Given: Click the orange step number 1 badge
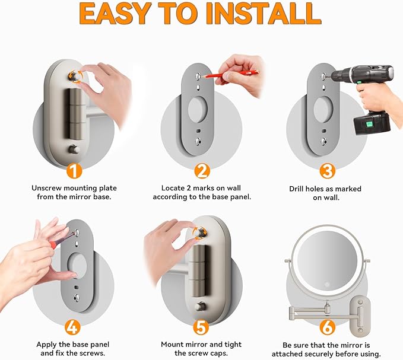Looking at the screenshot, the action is click(x=74, y=171).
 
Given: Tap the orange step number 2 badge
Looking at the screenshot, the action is click(x=202, y=171).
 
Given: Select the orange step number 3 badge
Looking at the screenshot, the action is click(x=328, y=171).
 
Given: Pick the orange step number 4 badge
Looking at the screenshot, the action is click(x=72, y=327).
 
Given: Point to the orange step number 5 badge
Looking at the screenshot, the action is click(x=201, y=327).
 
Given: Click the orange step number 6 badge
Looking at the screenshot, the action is click(x=327, y=327).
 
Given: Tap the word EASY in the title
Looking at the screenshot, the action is click(x=115, y=14).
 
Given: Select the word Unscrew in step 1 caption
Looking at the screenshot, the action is click(x=46, y=188).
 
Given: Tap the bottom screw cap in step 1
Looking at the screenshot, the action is click(x=74, y=149).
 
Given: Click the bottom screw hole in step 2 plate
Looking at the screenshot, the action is click(x=198, y=142).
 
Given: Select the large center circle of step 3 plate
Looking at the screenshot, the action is click(x=323, y=110).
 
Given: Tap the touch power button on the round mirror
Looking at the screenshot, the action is click(x=326, y=285).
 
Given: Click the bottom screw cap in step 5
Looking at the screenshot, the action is click(x=200, y=307).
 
